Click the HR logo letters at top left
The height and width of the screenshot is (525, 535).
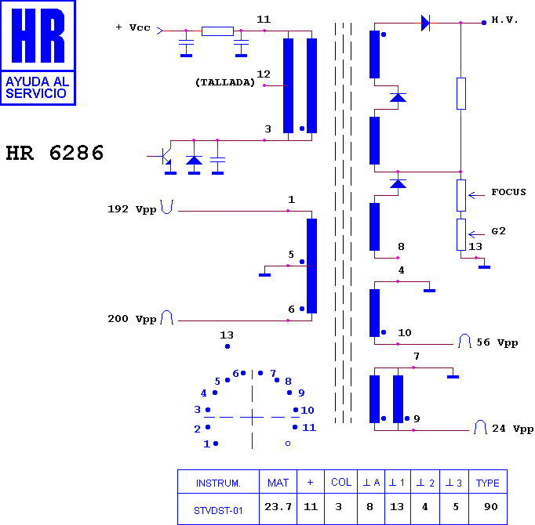point(38,36)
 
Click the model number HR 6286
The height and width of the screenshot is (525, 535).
point(55,153)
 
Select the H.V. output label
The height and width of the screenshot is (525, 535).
point(504,20)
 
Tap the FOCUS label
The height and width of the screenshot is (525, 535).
point(508,192)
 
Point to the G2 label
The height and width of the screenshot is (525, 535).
point(498,231)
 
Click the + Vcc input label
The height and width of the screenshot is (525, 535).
point(133,27)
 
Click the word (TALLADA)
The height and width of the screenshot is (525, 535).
point(225,82)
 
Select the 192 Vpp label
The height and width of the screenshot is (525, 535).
point(132,209)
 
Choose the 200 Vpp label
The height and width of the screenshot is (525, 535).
point(132,319)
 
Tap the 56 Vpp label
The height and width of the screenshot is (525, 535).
point(497,342)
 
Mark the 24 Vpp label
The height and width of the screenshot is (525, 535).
point(513,429)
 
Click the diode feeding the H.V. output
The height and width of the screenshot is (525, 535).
point(425,24)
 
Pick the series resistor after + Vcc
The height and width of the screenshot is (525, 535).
point(217,31)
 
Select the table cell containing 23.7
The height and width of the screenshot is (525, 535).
point(278,509)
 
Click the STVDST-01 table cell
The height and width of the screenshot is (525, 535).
point(218,509)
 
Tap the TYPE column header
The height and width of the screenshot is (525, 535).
point(488,482)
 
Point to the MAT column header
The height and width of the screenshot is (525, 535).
point(278,482)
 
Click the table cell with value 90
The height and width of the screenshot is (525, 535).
point(488,509)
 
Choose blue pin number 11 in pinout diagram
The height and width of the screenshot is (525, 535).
point(309,428)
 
